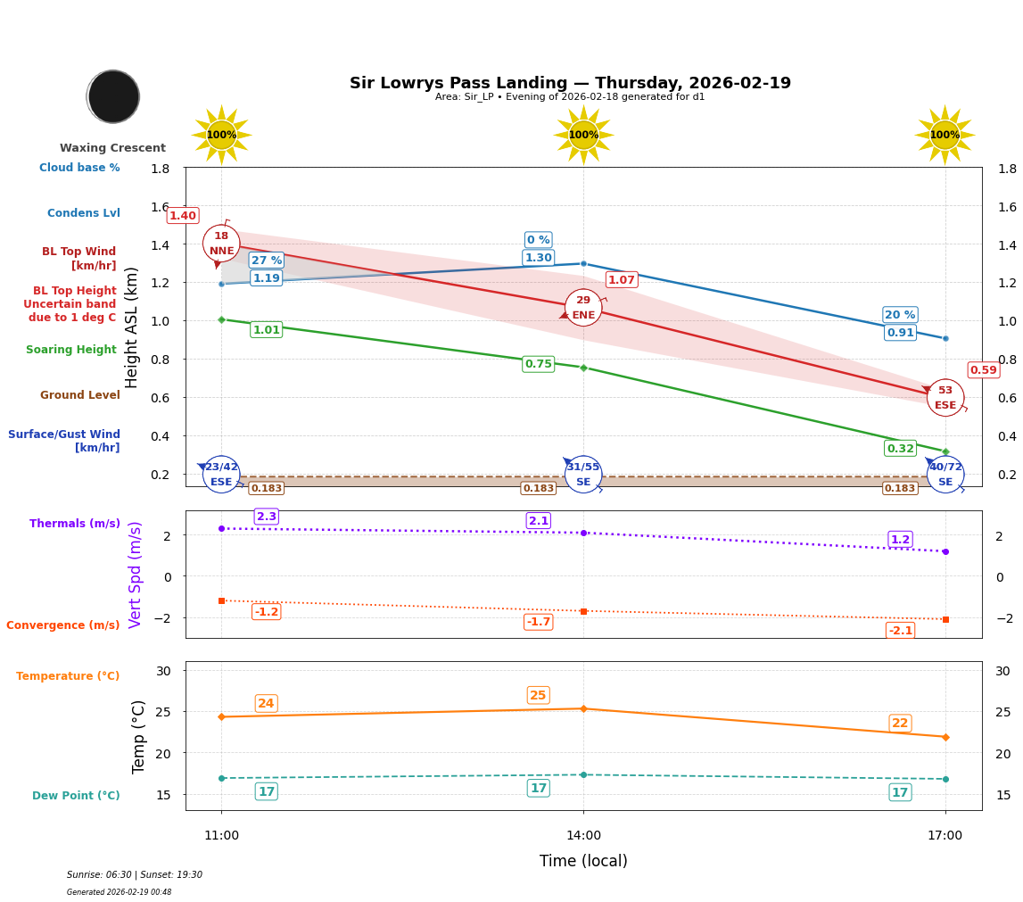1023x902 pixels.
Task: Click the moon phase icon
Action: click(x=113, y=96)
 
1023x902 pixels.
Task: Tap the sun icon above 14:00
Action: click(x=583, y=135)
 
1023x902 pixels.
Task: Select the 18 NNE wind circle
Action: click(x=221, y=244)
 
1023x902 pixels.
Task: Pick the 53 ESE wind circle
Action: click(x=945, y=398)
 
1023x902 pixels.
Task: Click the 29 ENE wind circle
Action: click(x=583, y=308)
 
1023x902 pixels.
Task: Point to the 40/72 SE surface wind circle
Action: click(x=945, y=475)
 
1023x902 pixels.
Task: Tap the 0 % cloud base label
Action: click(x=538, y=240)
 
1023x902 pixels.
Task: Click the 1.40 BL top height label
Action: click(x=183, y=216)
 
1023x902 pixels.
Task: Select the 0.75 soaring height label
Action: click(x=538, y=364)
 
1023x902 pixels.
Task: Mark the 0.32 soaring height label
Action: click(x=900, y=449)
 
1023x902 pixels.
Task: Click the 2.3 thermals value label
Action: click(x=266, y=517)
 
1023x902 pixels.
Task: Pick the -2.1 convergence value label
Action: click(x=900, y=631)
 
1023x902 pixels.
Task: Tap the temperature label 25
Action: click(x=538, y=696)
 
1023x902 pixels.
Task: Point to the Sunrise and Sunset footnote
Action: click(x=134, y=875)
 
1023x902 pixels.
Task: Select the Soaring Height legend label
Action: click(x=71, y=350)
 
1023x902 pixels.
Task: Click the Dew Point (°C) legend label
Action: click(x=76, y=796)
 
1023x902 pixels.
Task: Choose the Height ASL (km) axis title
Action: click(x=132, y=327)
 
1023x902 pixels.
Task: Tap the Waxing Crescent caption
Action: click(x=112, y=148)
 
